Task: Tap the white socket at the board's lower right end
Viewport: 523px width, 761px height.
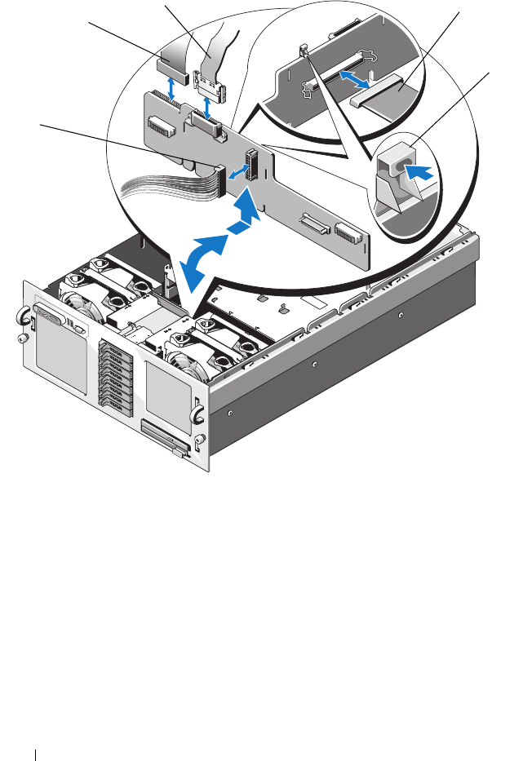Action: click(349, 233)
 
